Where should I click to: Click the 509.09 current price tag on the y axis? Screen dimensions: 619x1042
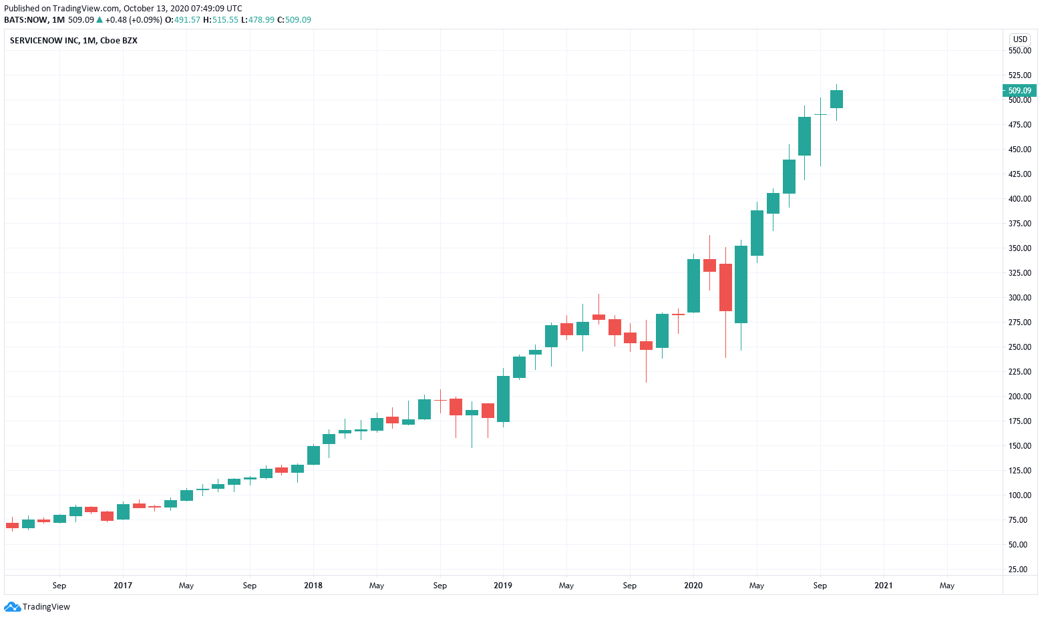click(x=1019, y=91)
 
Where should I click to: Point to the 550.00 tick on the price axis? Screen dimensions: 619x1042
click(x=1019, y=51)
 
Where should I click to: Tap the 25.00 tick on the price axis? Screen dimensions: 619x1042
click(x=1019, y=570)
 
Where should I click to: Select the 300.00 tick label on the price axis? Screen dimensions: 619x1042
click(x=1019, y=298)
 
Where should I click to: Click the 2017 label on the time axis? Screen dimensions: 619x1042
click(x=123, y=586)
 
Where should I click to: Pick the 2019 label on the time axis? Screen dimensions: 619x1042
click(x=503, y=586)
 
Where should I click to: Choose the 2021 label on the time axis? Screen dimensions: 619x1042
click(x=883, y=586)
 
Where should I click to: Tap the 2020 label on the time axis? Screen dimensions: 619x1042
click(x=693, y=586)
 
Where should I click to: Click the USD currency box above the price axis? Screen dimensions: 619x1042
click(x=1020, y=39)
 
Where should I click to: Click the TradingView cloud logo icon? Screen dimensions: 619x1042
click(x=12, y=607)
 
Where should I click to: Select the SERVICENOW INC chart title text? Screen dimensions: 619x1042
click(x=73, y=41)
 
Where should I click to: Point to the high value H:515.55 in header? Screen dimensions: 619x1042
click(x=220, y=20)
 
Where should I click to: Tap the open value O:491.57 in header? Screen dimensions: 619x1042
click(x=183, y=20)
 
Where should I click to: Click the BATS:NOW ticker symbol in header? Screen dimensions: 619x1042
click(x=25, y=20)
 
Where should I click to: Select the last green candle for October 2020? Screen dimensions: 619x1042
click(x=836, y=99)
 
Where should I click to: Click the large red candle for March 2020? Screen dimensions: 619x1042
click(x=725, y=287)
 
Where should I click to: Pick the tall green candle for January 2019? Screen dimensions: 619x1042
click(x=503, y=399)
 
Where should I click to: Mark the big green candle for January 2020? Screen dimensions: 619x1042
click(x=693, y=285)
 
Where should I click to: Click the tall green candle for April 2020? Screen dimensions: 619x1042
click(x=741, y=284)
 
